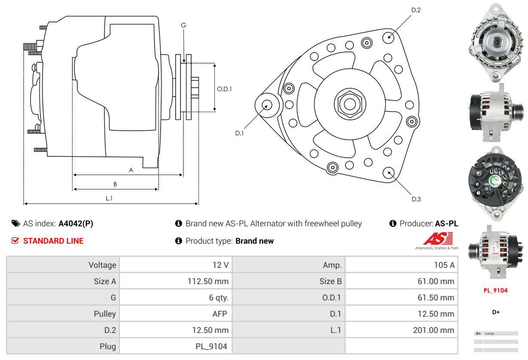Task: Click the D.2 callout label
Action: point(415,10)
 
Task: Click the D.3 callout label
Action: point(416,199)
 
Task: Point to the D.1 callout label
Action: point(239,133)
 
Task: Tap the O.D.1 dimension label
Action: point(224,89)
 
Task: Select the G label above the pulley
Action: point(183,25)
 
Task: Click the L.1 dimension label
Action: point(109,198)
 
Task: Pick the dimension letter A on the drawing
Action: point(131,170)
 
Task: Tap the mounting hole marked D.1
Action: point(266,105)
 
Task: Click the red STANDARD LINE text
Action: point(53,241)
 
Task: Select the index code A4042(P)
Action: point(76,223)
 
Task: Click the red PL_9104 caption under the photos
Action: point(495,290)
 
